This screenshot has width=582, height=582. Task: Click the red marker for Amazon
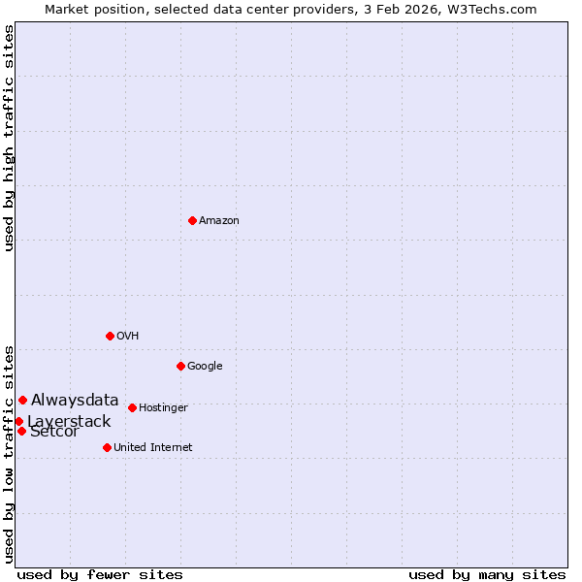[192, 220]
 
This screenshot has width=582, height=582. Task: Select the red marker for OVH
[110, 336]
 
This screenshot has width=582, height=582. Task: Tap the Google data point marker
[180, 366]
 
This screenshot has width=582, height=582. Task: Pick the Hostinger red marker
[132, 407]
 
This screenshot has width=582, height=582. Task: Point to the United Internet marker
[107, 447]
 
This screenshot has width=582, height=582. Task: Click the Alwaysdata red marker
[22, 400]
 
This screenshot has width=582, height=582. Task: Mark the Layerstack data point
[18, 421]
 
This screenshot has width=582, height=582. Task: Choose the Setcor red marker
[21, 431]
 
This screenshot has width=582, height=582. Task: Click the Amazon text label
[219, 221]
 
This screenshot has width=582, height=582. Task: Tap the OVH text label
[128, 337]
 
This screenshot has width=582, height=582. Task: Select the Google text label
[205, 367]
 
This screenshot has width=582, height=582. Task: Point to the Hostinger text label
[163, 408]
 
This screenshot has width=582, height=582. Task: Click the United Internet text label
[153, 448]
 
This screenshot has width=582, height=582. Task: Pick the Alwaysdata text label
[75, 400]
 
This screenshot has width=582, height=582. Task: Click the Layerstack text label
[69, 421]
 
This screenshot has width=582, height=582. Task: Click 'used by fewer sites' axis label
[100, 575]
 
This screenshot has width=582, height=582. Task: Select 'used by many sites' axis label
[487, 575]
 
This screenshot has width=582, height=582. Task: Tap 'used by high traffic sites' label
[10, 138]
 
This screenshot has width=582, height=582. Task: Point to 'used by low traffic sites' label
[10, 453]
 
